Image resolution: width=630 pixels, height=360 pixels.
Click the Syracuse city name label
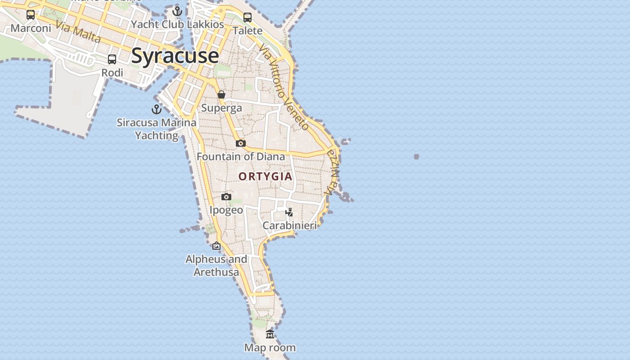tap(175, 56)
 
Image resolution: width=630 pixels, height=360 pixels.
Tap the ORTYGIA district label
tap(265, 176)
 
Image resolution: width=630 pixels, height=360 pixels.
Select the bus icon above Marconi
tap(31, 15)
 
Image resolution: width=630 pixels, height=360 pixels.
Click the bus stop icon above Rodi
tap(112, 59)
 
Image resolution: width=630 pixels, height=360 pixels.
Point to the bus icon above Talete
tap(247, 18)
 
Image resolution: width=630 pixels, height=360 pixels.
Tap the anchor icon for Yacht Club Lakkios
tap(177, 11)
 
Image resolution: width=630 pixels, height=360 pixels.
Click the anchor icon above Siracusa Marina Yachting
tap(157, 109)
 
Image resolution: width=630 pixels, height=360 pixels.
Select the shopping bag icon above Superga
tap(221, 94)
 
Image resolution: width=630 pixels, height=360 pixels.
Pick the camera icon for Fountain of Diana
tap(241, 143)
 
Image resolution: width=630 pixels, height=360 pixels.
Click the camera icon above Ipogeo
tap(226, 197)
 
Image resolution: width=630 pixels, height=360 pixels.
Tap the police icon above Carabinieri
tap(289, 212)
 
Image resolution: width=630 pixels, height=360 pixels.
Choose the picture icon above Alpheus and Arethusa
tap(216, 246)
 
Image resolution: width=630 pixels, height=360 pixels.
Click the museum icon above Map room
tap(270, 334)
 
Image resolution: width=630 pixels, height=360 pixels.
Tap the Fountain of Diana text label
tap(241, 157)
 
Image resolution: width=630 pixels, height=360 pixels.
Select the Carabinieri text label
tap(289, 225)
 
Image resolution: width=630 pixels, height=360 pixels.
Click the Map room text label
tap(270, 347)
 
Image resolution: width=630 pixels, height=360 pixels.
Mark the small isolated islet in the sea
tap(416, 157)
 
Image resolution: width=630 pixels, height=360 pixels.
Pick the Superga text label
tap(221, 108)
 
